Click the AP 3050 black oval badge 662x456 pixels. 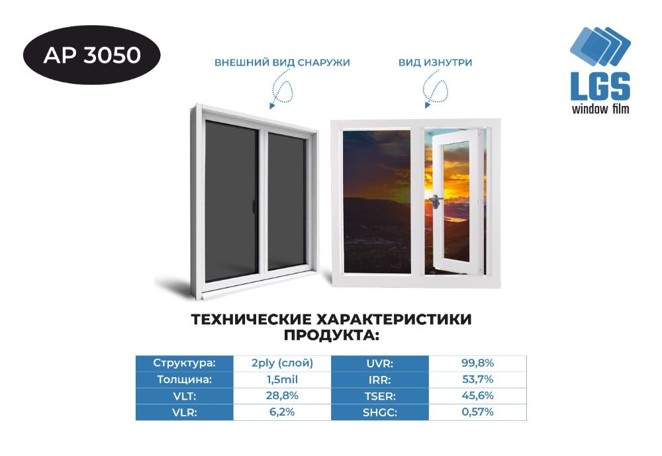point(92,55)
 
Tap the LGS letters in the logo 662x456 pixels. point(600,87)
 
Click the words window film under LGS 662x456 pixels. point(600,109)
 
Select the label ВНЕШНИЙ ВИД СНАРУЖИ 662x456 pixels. point(282,63)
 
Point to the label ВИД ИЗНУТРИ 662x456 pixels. point(435,63)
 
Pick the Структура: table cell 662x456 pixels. point(185,363)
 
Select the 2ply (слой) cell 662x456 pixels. point(282,363)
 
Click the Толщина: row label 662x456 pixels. point(185,380)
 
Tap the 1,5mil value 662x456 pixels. point(282,380)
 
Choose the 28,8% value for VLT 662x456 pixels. point(282,396)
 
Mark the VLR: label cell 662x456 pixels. point(185,412)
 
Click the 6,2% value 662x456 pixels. point(282,412)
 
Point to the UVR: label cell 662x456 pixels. point(379,363)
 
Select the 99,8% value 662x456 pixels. point(477,363)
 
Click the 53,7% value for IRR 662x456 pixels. point(477,380)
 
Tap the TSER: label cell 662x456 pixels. point(379,396)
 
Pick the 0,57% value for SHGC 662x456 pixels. point(477,412)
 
